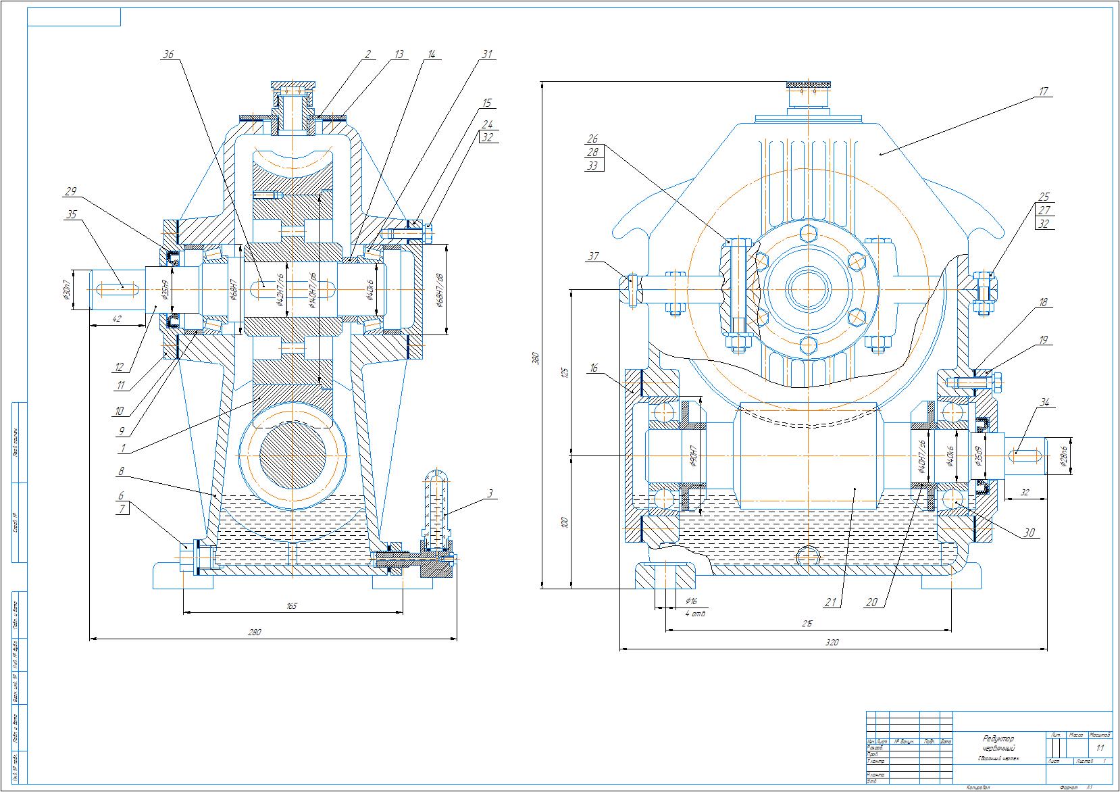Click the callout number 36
[x=168, y=56]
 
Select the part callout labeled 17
[x=1044, y=91]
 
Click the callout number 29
[x=70, y=192]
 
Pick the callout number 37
[x=593, y=256]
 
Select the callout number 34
[x=1044, y=403]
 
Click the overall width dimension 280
[x=254, y=633]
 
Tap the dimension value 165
[x=292, y=607]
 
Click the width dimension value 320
[x=832, y=643]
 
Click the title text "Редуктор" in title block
[x=999, y=739]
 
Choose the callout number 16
[x=594, y=368]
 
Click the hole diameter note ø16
[x=691, y=600]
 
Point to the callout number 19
[x=1044, y=341]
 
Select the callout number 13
[x=400, y=54]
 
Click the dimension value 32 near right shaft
[x=1025, y=493]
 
